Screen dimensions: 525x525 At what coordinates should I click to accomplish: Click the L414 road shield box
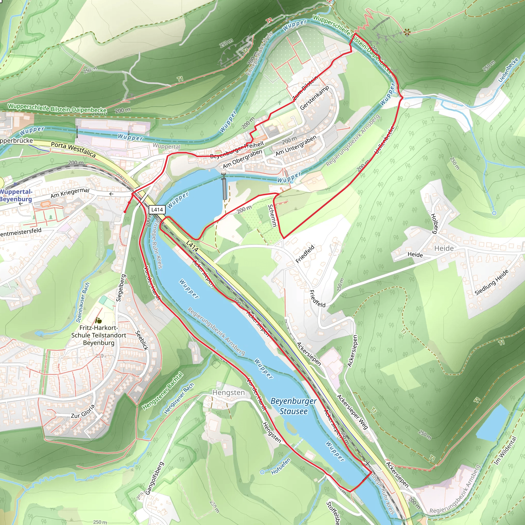point(157,209)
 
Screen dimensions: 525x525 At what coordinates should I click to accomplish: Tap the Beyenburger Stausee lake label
point(294,406)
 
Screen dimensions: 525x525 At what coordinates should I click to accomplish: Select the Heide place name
point(444,248)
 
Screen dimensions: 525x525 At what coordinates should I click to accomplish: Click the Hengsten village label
point(228,393)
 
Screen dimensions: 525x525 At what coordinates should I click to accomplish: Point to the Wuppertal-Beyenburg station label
point(16,195)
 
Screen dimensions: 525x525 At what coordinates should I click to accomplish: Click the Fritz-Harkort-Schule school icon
point(98,321)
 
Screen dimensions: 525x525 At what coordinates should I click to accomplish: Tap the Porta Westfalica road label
point(73,150)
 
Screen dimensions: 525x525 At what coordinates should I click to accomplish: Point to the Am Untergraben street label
point(296,146)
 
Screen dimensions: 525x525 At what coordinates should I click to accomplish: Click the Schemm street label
point(272,216)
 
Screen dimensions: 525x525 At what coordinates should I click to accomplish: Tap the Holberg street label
point(435,224)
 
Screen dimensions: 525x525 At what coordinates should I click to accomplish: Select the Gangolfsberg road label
point(155,478)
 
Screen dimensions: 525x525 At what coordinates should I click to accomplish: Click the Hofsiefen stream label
point(281,466)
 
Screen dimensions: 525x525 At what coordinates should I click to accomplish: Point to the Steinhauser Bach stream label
point(83,302)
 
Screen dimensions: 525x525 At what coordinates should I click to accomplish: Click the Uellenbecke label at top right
point(508,70)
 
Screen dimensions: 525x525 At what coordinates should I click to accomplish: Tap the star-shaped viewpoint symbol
point(407,33)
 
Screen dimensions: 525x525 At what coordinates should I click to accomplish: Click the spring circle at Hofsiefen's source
point(262,472)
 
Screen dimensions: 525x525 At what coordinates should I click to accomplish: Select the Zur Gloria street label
point(83,411)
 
